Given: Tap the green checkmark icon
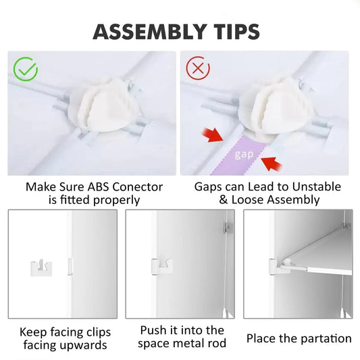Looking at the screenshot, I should pyautogui.click(x=26, y=69).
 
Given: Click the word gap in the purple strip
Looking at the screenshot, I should pyautogui.click(x=244, y=155).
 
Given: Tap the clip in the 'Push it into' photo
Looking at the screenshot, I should pyautogui.click(x=160, y=265).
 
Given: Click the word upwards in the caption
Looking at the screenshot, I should pyautogui.click(x=84, y=345).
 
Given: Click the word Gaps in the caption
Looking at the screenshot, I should pyautogui.click(x=209, y=187).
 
